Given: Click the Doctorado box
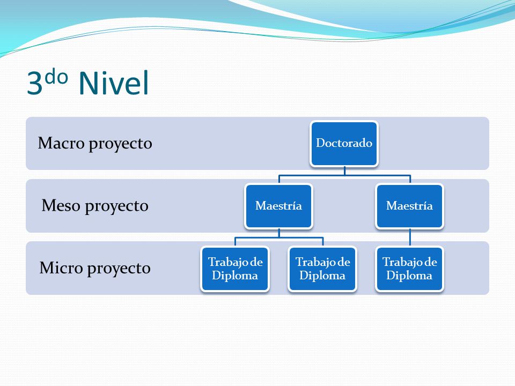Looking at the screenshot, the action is pyautogui.click(x=344, y=144).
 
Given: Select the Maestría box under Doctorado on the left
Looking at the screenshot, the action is pyautogui.click(x=278, y=206).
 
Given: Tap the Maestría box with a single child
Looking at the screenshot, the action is pyautogui.click(x=409, y=206).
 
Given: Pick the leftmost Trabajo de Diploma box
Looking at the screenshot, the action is pyautogui.click(x=235, y=269).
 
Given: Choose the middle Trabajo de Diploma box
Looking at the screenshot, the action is pyautogui.click(x=322, y=269).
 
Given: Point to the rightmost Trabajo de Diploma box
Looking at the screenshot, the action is pyautogui.click(x=409, y=269).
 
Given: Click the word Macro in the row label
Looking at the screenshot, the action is pyautogui.click(x=61, y=143).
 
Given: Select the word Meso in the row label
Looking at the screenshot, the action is pyautogui.click(x=61, y=205).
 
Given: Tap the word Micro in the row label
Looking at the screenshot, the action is pyautogui.click(x=61, y=268).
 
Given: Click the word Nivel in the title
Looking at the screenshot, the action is pyautogui.click(x=114, y=83).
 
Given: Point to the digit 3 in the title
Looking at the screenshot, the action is pyautogui.click(x=34, y=83).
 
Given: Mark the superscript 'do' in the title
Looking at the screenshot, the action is pyautogui.click(x=56, y=77).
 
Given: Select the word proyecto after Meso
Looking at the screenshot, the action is pyautogui.click(x=117, y=207).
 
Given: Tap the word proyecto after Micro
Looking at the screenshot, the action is pyautogui.click(x=119, y=270).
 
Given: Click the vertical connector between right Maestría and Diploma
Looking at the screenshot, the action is pyautogui.click(x=410, y=237).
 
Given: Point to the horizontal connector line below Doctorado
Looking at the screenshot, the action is pyautogui.click(x=344, y=176).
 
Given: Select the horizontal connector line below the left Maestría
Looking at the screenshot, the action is pyautogui.click(x=279, y=237).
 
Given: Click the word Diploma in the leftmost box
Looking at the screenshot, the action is pyautogui.click(x=235, y=276).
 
